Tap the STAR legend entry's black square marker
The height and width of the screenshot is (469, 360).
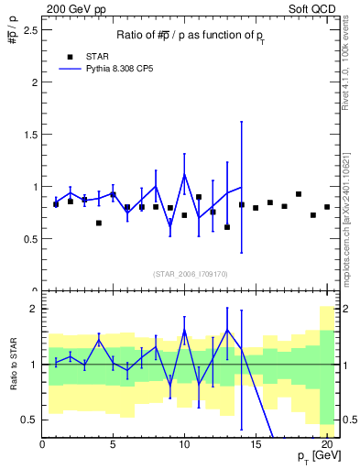pyautogui.click(x=70, y=56)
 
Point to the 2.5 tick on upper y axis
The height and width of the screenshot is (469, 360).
pyautogui.click(x=32, y=29)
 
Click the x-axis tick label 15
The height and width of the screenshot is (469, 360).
pyautogui.click(x=256, y=446)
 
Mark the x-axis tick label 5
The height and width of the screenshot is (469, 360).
pyautogui.click(x=113, y=446)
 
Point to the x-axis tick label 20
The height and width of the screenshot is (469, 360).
pyautogui.click(x=327, y=446)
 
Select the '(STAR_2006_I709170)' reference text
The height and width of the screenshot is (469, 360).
pyautogui.click(x=191, y=273)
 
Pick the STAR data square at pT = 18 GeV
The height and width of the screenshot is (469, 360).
pyautogui.click(x=299, y=194)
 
